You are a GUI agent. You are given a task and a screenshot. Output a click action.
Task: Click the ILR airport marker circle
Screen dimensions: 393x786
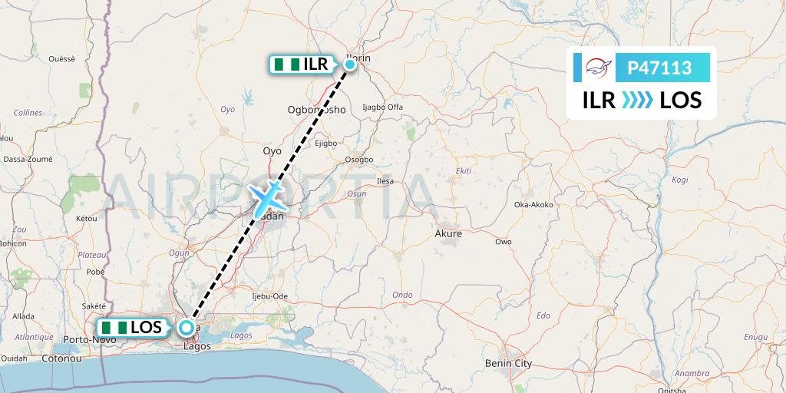(350, 64)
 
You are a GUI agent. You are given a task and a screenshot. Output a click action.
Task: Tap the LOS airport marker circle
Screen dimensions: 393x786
(187, 328)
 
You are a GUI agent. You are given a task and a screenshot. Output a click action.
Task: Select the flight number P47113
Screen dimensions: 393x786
(660, 68)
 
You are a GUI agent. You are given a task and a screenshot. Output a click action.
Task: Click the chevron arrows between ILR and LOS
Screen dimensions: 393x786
(637, 100)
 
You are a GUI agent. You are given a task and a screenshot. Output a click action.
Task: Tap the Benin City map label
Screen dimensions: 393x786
(509, 363)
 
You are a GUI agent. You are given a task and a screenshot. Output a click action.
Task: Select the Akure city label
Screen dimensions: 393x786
(448, 233)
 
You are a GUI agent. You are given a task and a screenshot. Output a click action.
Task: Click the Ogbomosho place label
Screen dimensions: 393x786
(316, 110)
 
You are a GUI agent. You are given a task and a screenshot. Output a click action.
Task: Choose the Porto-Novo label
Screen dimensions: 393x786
(84, 339)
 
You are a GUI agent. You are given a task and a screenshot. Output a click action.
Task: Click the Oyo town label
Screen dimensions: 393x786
(272, 151)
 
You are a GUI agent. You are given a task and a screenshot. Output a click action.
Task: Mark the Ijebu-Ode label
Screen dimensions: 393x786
(269, 296)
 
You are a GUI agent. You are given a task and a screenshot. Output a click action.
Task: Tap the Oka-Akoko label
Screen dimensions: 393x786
(534, 205)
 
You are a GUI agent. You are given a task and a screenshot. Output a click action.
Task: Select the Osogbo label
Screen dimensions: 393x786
(358, 160)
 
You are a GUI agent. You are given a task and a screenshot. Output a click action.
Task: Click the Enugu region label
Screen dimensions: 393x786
(755, 337)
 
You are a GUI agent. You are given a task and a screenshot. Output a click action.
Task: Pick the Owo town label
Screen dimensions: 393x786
(504, 242)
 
